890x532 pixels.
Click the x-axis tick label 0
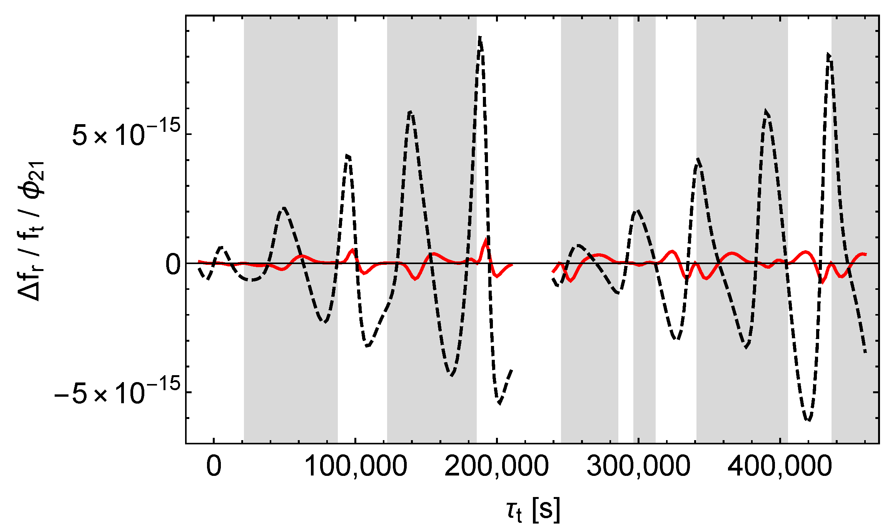click(214, 466)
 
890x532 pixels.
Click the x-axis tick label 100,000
click(356, 466)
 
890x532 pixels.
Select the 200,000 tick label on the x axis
click(496, 466)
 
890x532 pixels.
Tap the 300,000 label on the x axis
click(638, 466)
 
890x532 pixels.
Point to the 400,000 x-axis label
click(780, 466)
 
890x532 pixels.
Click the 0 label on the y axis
click(173, 264)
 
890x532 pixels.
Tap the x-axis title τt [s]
click(533, 510)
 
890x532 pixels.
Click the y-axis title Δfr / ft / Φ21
click(31, 231)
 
